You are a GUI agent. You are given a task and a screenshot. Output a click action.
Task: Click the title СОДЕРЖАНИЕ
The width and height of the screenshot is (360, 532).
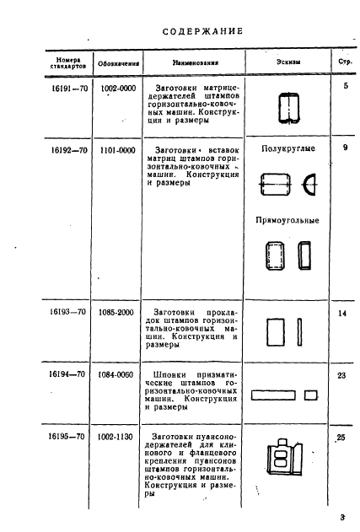point(202,31)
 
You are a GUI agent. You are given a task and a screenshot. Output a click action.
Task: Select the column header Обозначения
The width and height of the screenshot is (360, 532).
point(118,63)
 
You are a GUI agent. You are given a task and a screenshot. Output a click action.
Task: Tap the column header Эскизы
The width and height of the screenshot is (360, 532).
point(288,62)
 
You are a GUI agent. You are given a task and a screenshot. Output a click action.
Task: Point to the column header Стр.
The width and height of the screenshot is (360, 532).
point(345,62)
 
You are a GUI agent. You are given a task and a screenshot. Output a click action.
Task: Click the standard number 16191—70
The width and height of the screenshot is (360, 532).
point(70,89)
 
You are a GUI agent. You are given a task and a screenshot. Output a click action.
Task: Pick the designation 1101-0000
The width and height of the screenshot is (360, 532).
point(118,150)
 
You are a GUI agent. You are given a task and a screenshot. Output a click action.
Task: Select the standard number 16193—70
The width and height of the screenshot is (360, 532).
point(67,311)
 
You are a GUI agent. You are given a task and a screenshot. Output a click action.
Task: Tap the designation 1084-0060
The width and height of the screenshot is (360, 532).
point(116,374)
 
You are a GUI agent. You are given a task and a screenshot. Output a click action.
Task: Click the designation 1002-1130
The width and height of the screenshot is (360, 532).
point(115,437)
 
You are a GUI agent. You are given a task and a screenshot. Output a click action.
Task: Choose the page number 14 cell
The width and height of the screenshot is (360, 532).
point(342,313)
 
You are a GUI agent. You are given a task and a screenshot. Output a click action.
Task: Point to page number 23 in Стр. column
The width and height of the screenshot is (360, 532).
point(341,375)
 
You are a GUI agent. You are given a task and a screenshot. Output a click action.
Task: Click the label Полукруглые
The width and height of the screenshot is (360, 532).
point(288,148)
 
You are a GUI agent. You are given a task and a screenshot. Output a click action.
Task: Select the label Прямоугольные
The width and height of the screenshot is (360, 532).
point(287,221)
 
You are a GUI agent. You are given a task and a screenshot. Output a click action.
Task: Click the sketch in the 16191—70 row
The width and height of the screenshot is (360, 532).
point(288,108)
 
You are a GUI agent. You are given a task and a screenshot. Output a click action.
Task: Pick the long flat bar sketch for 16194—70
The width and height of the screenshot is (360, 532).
point(273,395)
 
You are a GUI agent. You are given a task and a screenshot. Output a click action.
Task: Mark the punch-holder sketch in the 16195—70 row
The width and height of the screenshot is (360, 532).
point(284,456)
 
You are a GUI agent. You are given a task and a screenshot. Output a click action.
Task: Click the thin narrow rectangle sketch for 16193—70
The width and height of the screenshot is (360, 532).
point(299,332)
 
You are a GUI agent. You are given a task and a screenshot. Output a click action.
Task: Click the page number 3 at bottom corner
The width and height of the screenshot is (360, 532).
point(342,518)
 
